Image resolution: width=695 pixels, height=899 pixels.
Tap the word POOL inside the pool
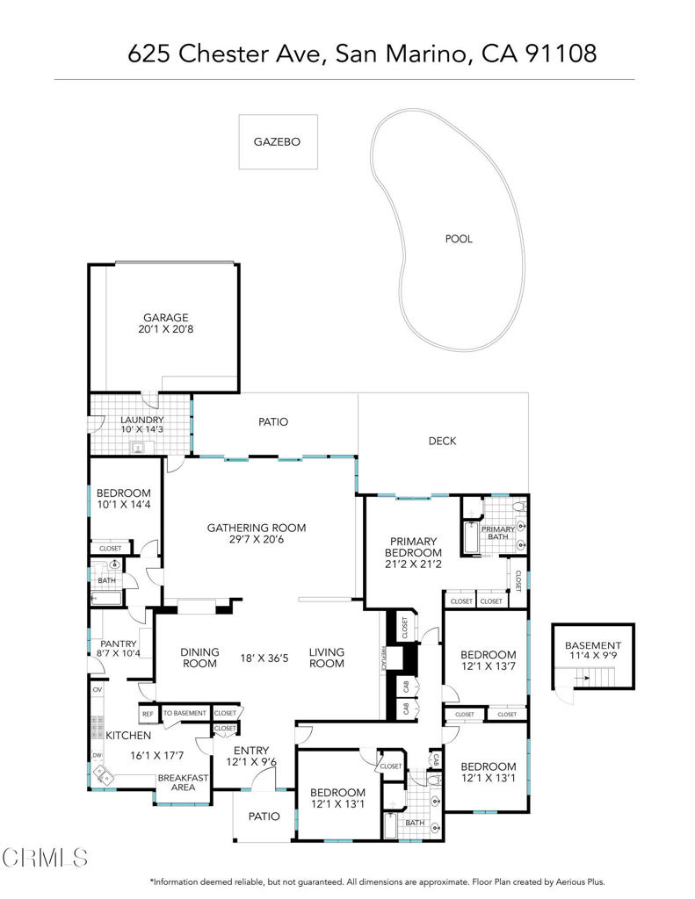[x=458, y=239]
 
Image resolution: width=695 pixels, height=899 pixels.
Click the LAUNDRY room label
[x=142, y=421]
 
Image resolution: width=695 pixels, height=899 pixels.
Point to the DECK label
[x=442, y=441]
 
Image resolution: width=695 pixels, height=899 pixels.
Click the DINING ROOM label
[x=199, y=658]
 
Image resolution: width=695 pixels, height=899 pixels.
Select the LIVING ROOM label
[x=326, y=658]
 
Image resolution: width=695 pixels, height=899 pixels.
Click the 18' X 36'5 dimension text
[x=266, y=658]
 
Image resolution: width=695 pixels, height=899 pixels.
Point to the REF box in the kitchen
[x=148, y=714]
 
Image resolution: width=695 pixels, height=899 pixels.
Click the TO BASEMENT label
[x=185, y=714]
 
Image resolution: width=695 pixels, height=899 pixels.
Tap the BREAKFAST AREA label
[x=183, y=782]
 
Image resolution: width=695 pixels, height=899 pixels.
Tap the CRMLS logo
[x=44, y=856]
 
